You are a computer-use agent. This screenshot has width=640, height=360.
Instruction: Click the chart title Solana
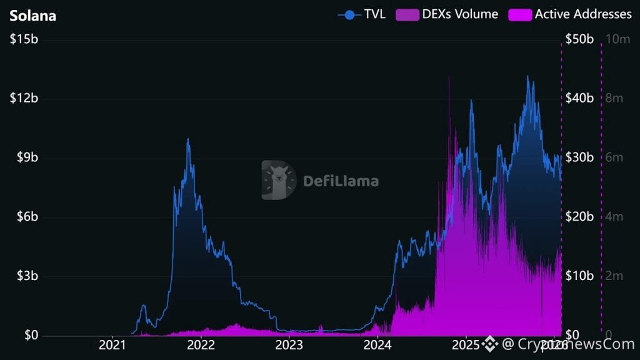pyautogui.click(x=32, y=15)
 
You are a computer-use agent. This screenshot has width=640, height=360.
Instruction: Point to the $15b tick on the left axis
pyautogui.click(x=24, y=39)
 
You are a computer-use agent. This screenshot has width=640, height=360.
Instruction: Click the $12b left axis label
pyautogui.click(x=24, y=99)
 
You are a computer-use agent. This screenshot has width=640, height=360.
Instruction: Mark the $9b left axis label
pyautogui.click(x=27, y=157)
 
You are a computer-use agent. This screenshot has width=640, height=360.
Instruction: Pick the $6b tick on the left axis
pyautogui.click(x=27, y=217)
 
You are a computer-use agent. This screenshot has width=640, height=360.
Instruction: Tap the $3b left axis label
pyautogui.click(x=27, y=276)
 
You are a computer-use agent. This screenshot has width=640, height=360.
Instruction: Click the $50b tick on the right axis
pyautogui.click(x=579, y=39)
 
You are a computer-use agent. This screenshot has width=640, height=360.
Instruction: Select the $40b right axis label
pyautogui.click(x=579, y=98)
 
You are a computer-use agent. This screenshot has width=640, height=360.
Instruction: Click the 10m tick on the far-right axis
pyautogui.click(x=617, y=39)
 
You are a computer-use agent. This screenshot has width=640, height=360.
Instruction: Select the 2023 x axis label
pyautogui.click(x=289, y=344)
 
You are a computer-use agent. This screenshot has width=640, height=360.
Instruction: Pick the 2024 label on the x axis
pyautogui.click(x=377, y=344)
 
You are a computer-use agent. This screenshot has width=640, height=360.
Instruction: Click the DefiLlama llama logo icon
pyautogui.click(x=278, y=181)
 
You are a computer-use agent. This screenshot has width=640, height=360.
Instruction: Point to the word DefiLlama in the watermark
pyautogui.click(x=341, y=181)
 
